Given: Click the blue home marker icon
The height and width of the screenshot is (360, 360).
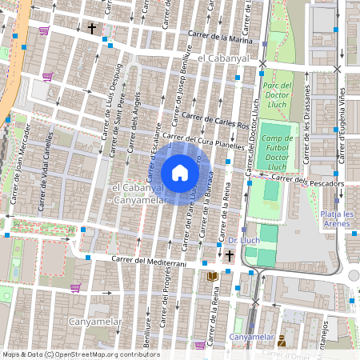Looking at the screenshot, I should point(180,173).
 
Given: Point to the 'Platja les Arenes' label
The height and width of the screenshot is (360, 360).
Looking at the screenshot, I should point(337,219).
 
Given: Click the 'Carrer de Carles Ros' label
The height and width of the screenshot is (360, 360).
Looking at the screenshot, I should point(215,121).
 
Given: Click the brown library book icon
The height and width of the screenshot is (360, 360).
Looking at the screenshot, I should point(212,276).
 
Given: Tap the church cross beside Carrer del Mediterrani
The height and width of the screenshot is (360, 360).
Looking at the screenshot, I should point(230,256).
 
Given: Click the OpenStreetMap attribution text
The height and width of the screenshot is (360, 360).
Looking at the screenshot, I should point(80,354).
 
